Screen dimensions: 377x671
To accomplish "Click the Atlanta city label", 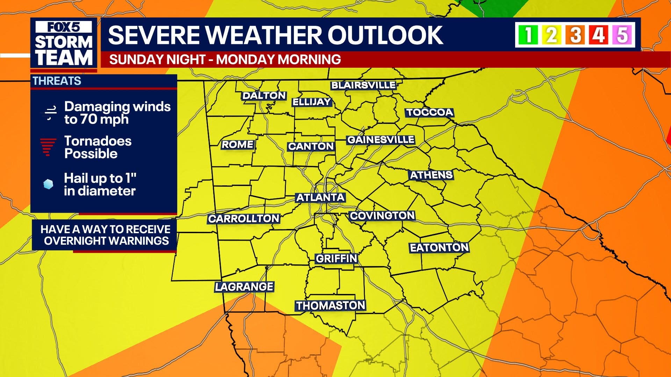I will [x=320, y=198].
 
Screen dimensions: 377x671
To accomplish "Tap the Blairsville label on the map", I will [x=363, y=85].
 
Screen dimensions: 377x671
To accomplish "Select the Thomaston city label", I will [x=331, y=306].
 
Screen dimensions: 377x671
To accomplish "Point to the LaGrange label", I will [x=244, y=287].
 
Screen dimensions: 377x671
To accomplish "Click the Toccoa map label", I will [x=430, y=112].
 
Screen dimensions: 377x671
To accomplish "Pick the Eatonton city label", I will [x=439, y=248].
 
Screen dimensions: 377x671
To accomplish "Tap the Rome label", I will [x=238, y=145].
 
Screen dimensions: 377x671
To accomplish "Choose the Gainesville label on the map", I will [x=381, y=140].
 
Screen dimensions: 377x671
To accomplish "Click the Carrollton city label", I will [x=244, y=219].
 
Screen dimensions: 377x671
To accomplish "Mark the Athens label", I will [x=431, y=175].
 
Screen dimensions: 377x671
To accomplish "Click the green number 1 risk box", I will [x=528, y=35].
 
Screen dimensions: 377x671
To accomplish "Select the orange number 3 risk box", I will [x=576, y=35].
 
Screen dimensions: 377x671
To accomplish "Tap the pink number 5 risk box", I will [x=622, y=35].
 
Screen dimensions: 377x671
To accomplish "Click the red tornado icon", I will [x=48, y=147].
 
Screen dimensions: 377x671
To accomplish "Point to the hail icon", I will [x=48, y=184].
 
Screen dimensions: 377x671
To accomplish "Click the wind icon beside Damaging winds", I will [x=49, y=113].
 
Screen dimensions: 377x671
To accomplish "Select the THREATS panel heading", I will [x=57, y=81].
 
